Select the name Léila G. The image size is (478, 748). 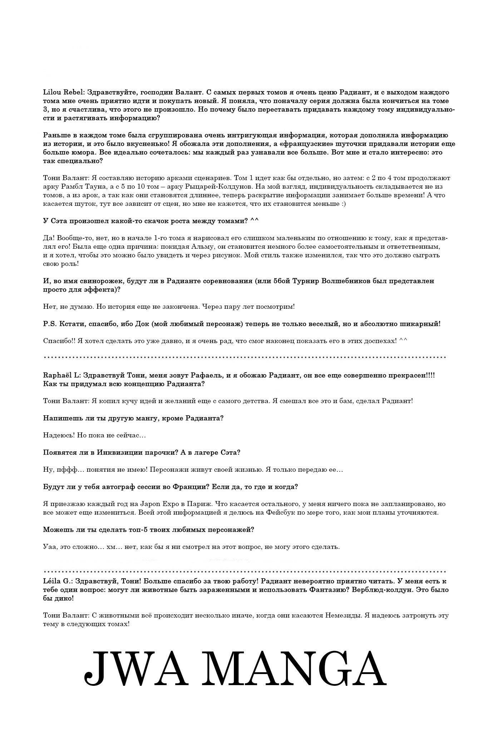tap(57, 581)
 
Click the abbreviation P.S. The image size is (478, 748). tap(48, 324)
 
